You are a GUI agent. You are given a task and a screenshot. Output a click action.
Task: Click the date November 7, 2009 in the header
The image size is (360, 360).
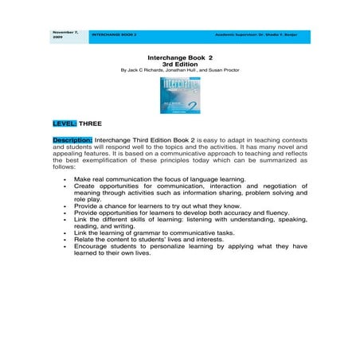pos(65,34)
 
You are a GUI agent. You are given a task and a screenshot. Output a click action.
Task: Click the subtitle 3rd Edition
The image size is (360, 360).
pos(180,63)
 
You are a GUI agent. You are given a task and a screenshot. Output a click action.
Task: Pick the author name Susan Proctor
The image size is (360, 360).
pos(224,69)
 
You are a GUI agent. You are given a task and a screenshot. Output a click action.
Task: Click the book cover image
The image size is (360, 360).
pos(179,96)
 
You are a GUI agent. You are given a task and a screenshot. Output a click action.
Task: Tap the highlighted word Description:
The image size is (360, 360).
pos(72,139)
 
